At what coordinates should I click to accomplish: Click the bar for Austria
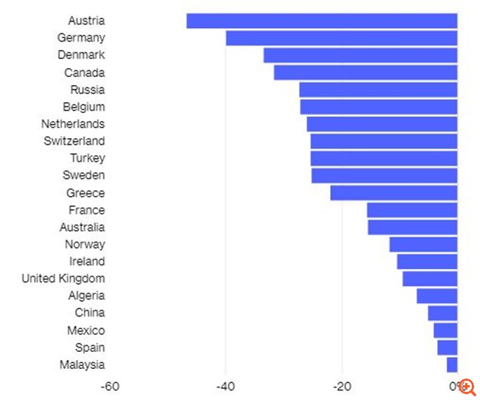click(x=322, y=21)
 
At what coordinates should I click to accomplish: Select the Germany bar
click(x=341, y=38)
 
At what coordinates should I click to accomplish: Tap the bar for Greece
click(x=394, y=193)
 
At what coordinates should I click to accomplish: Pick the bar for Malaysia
click(x=452, y=365)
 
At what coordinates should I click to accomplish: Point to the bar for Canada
click(x=366, y=72)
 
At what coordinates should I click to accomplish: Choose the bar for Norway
click(x=423, y=245)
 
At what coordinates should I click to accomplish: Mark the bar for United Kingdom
click(x=430, y=279)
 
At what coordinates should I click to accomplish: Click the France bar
click(x=412, y=210)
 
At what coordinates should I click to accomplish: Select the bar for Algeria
click(x=437, y=296)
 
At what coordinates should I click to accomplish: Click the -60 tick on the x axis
click(x=110, y=386)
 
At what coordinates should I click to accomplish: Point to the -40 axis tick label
click(x=225, y=386)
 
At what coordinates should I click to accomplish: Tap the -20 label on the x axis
click(x=341, y=386)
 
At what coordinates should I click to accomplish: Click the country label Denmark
click(x=81, y=55)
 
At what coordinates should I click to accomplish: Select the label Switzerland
click(x=74, y=141)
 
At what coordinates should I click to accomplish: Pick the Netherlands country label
click(x=72, y=124)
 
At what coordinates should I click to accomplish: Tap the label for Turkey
click(x=87, y=158)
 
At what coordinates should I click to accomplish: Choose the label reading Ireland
click(x=86, y=262)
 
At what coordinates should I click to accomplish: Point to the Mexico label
click(x=86, y=330)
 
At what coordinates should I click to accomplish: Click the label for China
click(x=89, y=313)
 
